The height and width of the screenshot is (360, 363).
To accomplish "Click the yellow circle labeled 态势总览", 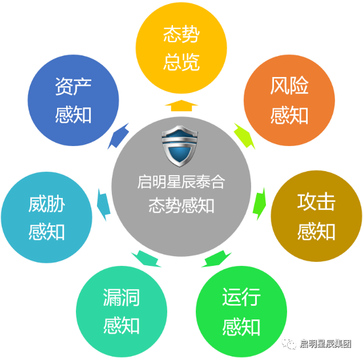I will point(181,48).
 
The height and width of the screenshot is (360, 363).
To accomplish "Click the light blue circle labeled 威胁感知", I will point(47,217).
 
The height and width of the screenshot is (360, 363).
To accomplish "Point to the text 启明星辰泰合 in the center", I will point(181,182).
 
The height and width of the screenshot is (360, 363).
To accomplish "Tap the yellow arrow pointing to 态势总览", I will point(181,105).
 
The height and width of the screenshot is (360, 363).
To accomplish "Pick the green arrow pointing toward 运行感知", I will point(218,259).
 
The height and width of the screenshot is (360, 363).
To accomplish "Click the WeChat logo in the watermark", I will point(289,343).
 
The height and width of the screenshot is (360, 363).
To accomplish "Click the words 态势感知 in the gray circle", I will point(181,205).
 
